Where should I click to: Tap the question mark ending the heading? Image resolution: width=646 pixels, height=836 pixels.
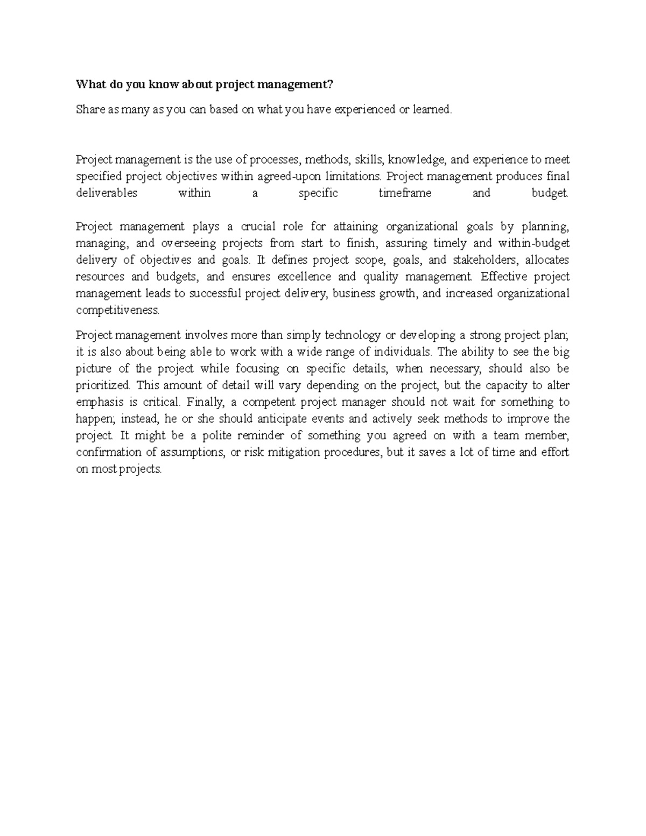click(x=331, y=85)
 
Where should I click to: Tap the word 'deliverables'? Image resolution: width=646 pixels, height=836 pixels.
click(x=107, y=193)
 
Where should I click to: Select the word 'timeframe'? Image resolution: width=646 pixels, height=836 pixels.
click(x=405, y=193)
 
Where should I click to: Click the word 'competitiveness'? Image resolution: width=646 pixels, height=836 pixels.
click(x=118, y=311)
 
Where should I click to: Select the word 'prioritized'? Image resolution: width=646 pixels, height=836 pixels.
click(x=103, y=385)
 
